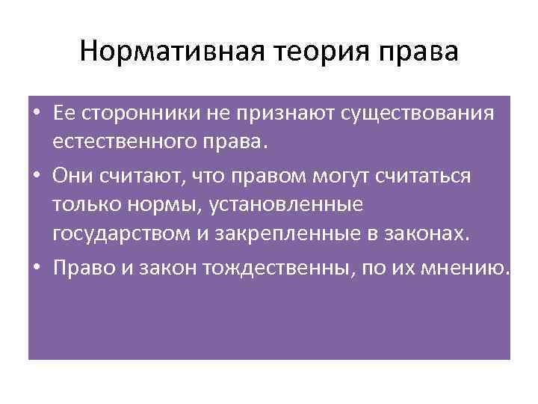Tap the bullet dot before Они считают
pyautogui.click(x=37, y=175)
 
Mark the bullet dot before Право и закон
pyautogui.click(x=37, y=269)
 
